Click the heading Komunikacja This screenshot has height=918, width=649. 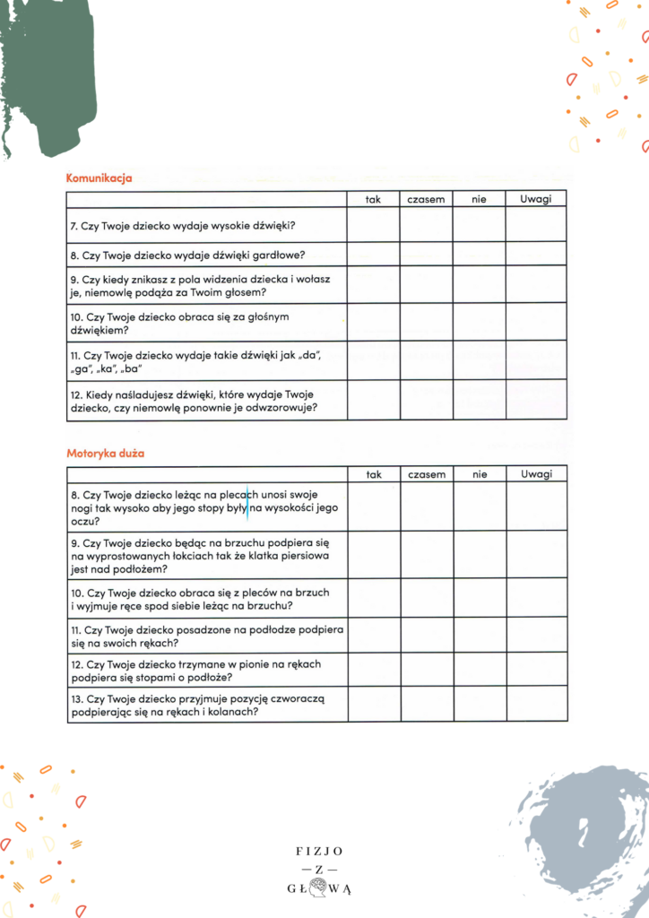(x=100, y=178)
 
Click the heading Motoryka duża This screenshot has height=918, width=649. (x=106, y=454)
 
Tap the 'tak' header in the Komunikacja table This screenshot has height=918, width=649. (x=374, y=199)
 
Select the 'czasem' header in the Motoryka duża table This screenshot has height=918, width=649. (x=427, y=474)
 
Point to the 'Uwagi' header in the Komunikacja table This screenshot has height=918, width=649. (x=536, y=199)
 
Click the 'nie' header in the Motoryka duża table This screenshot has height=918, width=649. (x=480, y=474)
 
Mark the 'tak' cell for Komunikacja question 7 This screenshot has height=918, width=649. (x=374, y=224)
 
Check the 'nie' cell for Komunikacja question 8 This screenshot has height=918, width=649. (x=480, y=254)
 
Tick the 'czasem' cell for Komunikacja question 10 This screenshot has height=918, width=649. (x=427, y=322)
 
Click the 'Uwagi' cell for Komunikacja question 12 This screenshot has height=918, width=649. (x=536, y=400)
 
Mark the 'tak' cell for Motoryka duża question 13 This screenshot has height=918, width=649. (x=374, y=705)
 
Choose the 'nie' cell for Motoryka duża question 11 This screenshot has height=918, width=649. (x=480, y=635)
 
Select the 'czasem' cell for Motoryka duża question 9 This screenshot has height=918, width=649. (x=427, y=555)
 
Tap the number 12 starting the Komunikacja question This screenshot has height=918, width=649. (x=75, y=394)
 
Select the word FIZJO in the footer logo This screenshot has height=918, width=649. (x=319, y=850)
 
